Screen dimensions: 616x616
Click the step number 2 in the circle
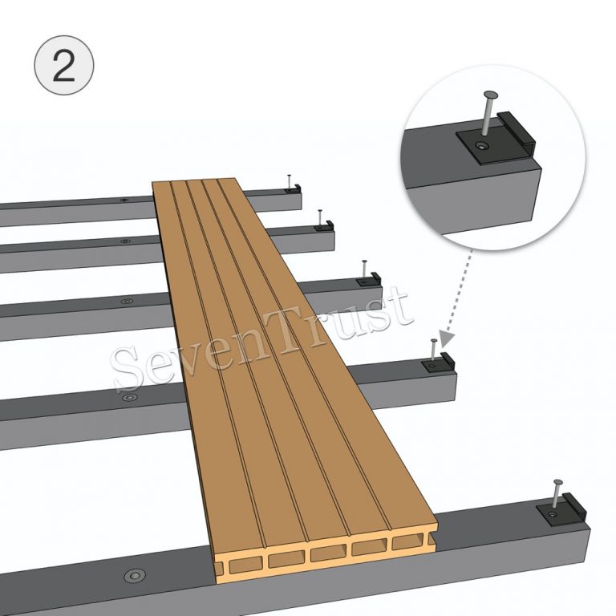[64, 65]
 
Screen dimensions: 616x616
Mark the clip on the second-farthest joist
[325, 227]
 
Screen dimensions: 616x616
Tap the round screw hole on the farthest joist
[123, 199]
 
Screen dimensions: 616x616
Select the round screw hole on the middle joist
[127, 301]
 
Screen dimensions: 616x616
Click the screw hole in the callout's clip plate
[480, 145]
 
